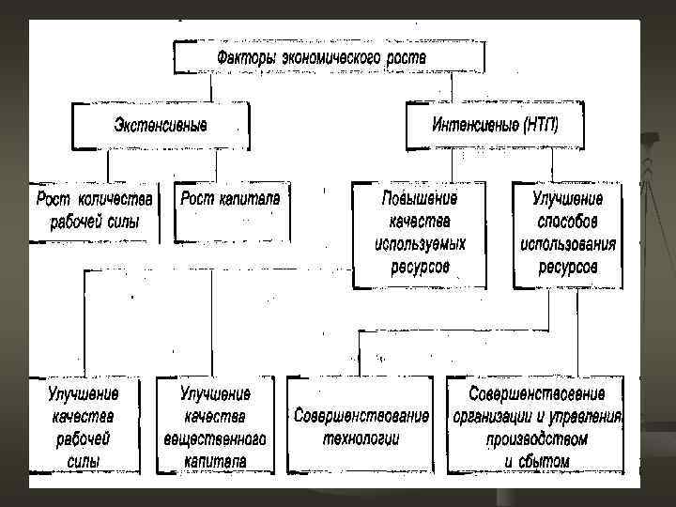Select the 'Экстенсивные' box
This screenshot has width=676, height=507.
[x=161, y=126]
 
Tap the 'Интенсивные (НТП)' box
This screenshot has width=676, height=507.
[x=495, y=126]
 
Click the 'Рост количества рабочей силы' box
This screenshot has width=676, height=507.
[x=92, y=211]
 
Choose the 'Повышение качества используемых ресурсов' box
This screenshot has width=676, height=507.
[x=419, y=234]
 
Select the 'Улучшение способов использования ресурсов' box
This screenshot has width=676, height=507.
[x=567, y=234]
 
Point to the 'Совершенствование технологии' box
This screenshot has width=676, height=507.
[x=361, y=425]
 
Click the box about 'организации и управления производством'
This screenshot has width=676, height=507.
[x=535, y=425]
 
